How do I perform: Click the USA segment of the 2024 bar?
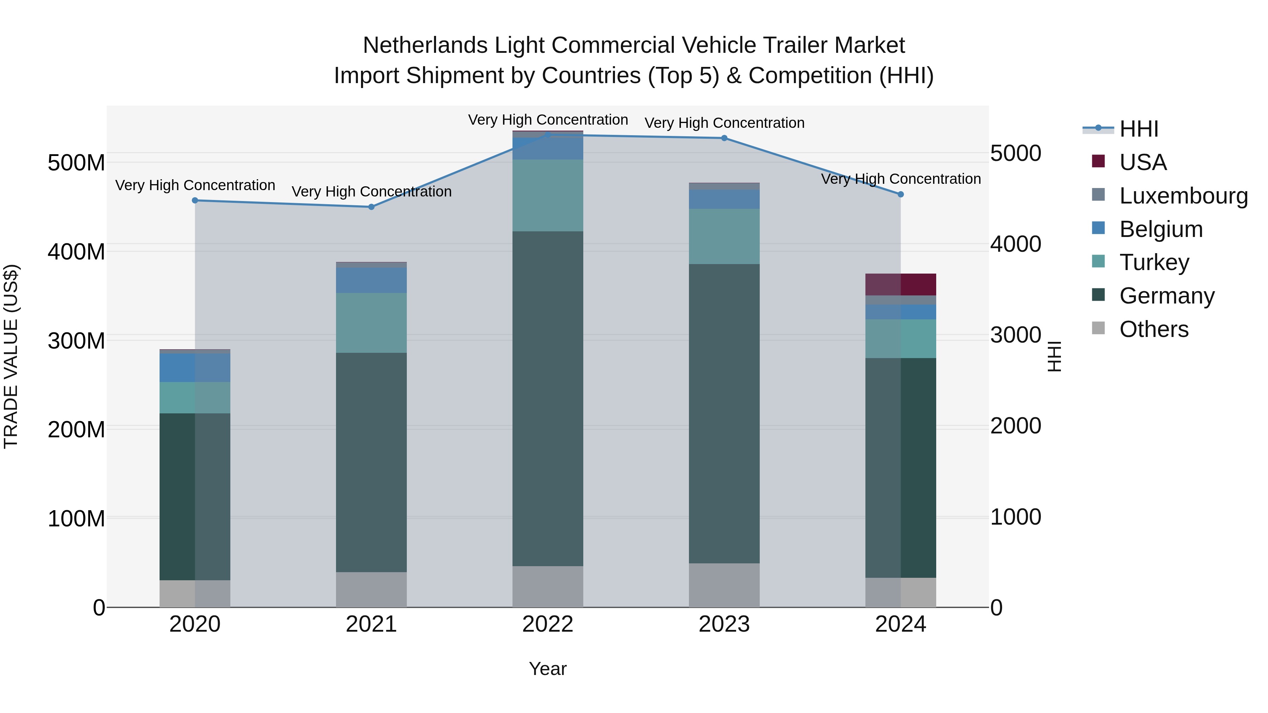click(900, 284)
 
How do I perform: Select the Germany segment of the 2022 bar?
click(547, 399)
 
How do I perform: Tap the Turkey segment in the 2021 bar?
click(371, 323)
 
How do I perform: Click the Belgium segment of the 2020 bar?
click(194, 368)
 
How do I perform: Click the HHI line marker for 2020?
click(195, 200)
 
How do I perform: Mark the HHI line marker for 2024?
click(900, 194)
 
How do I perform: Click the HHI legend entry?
click(1138, 129)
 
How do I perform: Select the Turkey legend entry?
click(1154, 262)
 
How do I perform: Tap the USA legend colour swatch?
click(1098, 161)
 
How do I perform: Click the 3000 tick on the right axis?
click(1015, 335)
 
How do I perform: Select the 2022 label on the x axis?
click(547, 624)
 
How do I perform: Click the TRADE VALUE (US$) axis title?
click(11, 356)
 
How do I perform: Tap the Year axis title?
click(547, 669)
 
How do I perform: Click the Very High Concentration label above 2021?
click(371, 192)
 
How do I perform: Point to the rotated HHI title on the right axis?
click(1054, 356)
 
